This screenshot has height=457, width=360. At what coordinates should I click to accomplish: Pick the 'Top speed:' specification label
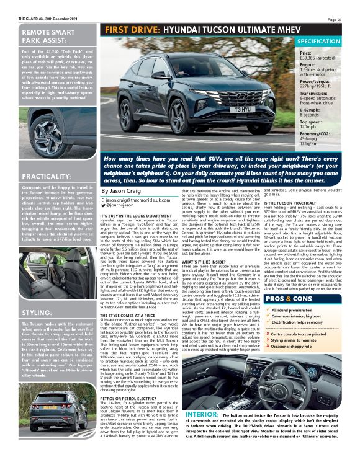(x=295, y=124)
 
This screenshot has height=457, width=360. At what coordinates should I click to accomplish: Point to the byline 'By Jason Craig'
(x=122, y=192)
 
